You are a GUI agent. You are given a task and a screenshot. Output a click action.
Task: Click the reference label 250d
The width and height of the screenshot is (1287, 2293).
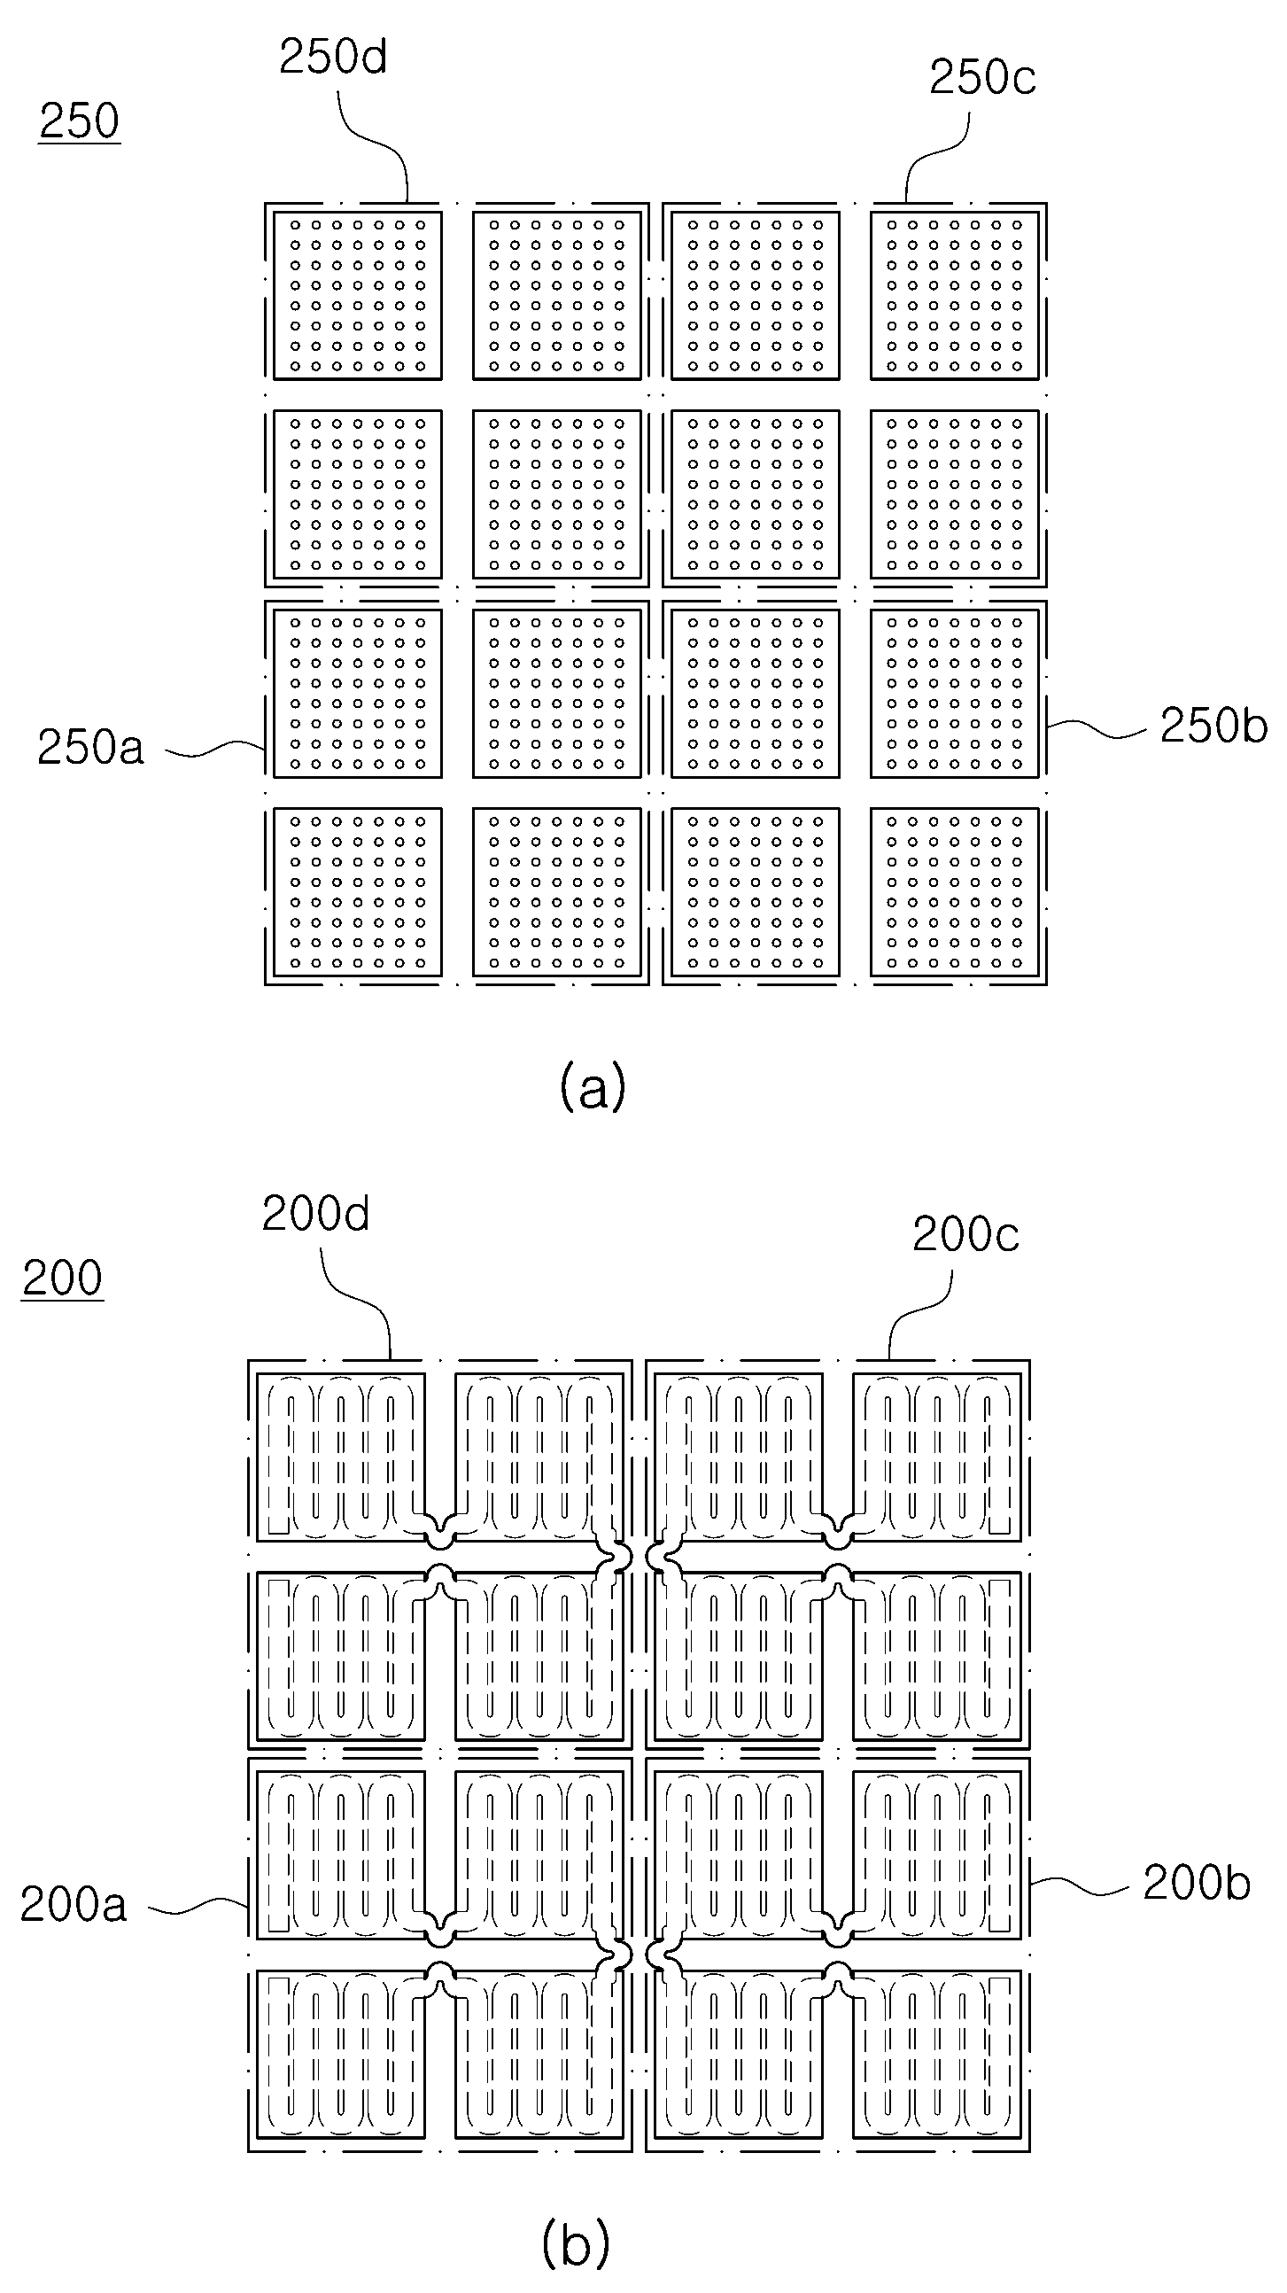333,57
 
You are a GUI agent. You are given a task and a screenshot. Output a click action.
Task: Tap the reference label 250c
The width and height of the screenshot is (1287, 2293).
982,77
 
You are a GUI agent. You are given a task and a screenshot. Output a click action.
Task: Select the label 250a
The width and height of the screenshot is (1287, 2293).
89,747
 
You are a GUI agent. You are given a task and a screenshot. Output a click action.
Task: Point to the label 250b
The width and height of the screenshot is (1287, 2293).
1213,726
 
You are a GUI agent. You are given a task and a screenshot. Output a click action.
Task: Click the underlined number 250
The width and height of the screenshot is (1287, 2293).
79,120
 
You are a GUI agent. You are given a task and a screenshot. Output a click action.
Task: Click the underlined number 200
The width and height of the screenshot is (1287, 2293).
62,1279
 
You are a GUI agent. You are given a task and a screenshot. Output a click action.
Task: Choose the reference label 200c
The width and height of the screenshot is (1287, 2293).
965,1234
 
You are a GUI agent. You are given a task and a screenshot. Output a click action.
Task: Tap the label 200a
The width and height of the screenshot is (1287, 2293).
73,1905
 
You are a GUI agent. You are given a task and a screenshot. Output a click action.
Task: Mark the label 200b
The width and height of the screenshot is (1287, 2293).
1197,1883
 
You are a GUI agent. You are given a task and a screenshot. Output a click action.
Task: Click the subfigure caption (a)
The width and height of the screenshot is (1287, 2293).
593,1087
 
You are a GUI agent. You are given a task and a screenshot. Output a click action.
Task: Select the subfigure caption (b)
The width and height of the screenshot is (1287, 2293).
575,2244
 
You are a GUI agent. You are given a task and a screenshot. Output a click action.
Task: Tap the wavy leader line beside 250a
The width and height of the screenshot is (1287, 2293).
215,750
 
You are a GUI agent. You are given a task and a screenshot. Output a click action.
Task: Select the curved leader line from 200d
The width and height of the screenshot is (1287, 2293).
356,1300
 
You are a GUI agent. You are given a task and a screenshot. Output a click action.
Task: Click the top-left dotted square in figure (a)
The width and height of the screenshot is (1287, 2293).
357,295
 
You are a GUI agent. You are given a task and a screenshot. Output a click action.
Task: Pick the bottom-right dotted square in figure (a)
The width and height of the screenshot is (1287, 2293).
954,892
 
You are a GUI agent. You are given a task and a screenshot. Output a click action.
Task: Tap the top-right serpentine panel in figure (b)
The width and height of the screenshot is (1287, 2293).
937,1457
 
